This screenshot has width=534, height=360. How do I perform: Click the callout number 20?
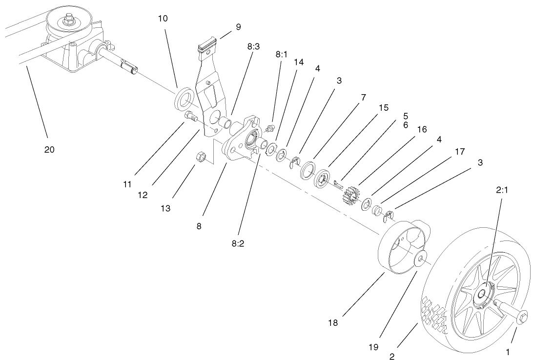[49, 150]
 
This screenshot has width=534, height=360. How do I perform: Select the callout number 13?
[165, 208]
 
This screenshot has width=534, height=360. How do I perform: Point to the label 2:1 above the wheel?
[502, 190]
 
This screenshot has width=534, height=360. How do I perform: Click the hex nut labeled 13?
[200, 157]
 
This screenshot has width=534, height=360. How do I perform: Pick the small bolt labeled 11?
[190, 117]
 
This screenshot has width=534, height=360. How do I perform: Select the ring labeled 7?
[308, 170]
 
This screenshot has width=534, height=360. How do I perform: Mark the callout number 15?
[384, 108]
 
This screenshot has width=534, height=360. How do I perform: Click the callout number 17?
[459, 152]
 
